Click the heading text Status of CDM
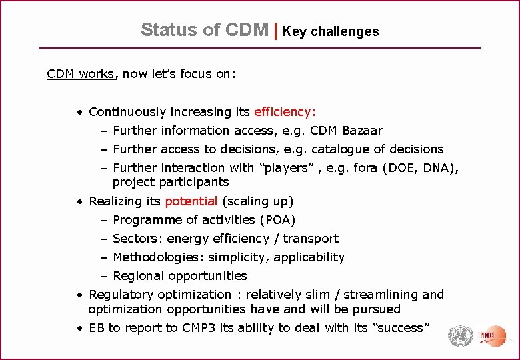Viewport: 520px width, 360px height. (205, 30)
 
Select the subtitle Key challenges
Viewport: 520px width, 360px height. (330, 31)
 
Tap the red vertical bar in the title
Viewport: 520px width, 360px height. (275, 30)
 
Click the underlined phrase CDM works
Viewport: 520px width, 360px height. (81, 74)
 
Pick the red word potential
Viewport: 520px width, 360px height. (191, 201)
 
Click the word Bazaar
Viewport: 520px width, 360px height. (362, 130)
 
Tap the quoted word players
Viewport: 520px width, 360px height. (281, 167)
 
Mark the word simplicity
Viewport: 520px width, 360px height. (240, 257)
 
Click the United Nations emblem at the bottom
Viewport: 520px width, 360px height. (459, 336)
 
